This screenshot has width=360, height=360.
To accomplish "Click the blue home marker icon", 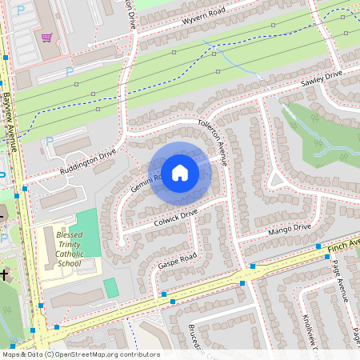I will (180, 172).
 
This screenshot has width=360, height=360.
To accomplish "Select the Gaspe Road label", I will (177, 258).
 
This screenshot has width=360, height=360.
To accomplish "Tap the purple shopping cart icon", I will (47, 38).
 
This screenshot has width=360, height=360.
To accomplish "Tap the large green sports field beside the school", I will (90, 232).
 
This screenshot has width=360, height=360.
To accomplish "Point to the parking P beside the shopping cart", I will (69, 70).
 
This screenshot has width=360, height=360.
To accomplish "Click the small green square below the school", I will (110, 287).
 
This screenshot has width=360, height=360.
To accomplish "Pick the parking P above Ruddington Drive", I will (49, 142).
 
